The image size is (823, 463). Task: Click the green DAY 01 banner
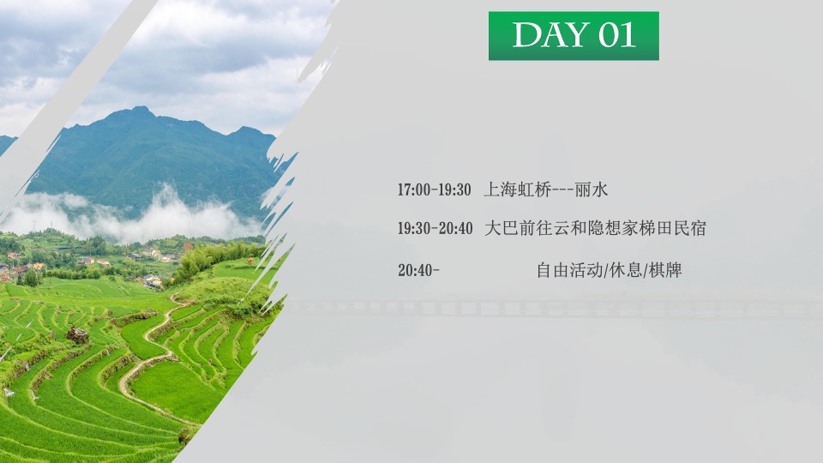(574, 36)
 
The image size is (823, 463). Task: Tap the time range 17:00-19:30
(434, 189)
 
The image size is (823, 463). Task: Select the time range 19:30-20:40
(434, 229)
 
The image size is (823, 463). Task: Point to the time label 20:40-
(418, 271)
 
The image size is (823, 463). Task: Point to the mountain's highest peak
(140, 111)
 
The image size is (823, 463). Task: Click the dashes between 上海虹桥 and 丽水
(561, 189)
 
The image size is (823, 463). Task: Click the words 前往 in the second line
(532, 229)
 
